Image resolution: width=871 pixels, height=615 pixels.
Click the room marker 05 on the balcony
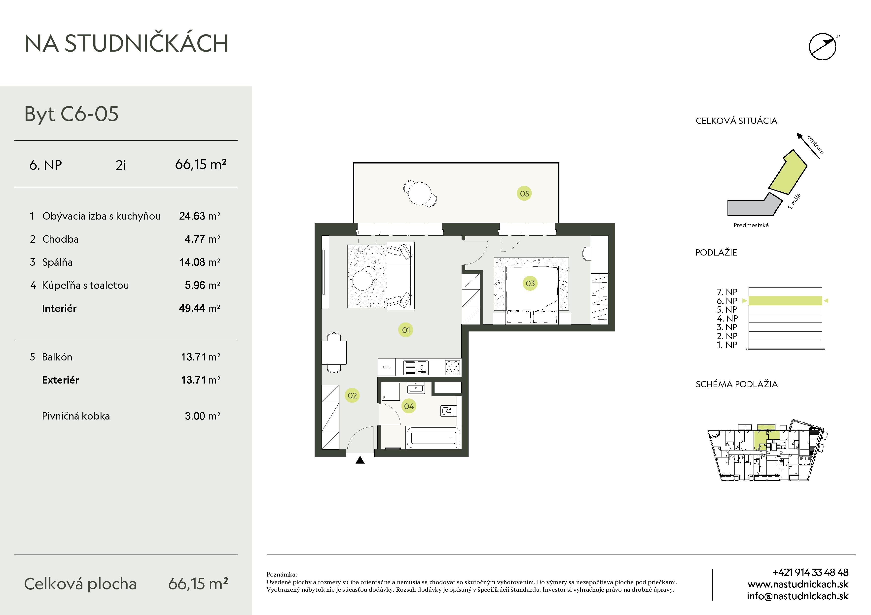pos(524,194)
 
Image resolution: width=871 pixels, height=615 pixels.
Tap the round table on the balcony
pos(420,193)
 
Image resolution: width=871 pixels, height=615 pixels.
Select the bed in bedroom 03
pos(532,295)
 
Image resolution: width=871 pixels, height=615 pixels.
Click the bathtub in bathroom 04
pos(434,438)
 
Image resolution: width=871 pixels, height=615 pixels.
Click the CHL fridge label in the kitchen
pos(387,367)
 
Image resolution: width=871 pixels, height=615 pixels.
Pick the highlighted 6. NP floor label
pos(727,301)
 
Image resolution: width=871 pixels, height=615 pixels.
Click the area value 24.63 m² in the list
pos(200,216)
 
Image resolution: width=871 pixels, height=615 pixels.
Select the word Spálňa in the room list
pos(57,262)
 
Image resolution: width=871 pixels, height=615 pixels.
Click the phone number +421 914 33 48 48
pos(810,572)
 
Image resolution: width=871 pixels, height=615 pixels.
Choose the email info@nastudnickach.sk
pos(798,596)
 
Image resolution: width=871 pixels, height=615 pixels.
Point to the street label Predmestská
pos(751,225)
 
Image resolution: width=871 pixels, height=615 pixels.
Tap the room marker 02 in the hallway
pos(352,396)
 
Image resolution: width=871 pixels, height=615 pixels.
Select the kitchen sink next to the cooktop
pos(416,367)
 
